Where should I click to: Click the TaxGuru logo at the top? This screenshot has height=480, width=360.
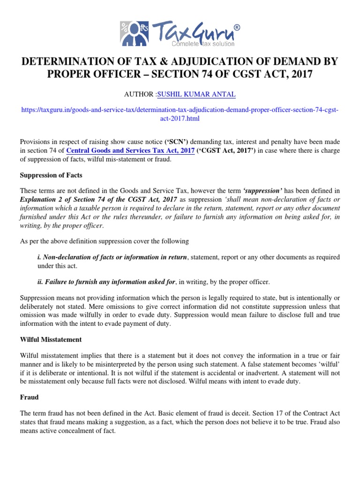pyautogui.click(x=180, y=34)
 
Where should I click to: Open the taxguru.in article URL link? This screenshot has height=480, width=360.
pyautogui.click(x=180, y=114)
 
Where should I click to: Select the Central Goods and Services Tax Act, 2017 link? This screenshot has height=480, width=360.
pyautogui.click(x=131, y=150)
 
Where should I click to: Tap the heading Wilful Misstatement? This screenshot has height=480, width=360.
pyautogui.click(x=51, y=339)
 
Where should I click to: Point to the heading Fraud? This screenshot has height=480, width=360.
pyautogui.click(x=29, y=397)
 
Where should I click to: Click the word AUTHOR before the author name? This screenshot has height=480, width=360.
pyautogui.click(x=139, y=95)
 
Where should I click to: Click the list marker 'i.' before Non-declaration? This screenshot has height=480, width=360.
pyautogui.click(x=39, y=257)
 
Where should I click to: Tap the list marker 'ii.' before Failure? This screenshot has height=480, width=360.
pyautogui.click(x=40, y=281)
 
